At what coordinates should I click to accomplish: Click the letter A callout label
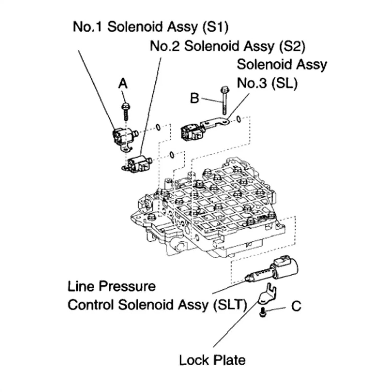(x=123, y=84)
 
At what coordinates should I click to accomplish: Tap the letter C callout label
(x=296, y=306)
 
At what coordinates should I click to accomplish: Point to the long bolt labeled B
(x=224, y=100)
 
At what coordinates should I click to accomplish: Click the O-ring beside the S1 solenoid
(x=158, y=127)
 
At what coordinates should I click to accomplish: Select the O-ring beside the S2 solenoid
(x=171, y=155)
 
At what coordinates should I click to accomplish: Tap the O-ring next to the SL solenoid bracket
(x=239, y=119)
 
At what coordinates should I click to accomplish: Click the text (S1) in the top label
(x=215, y=27)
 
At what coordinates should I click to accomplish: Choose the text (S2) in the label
(x=292, y=46)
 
